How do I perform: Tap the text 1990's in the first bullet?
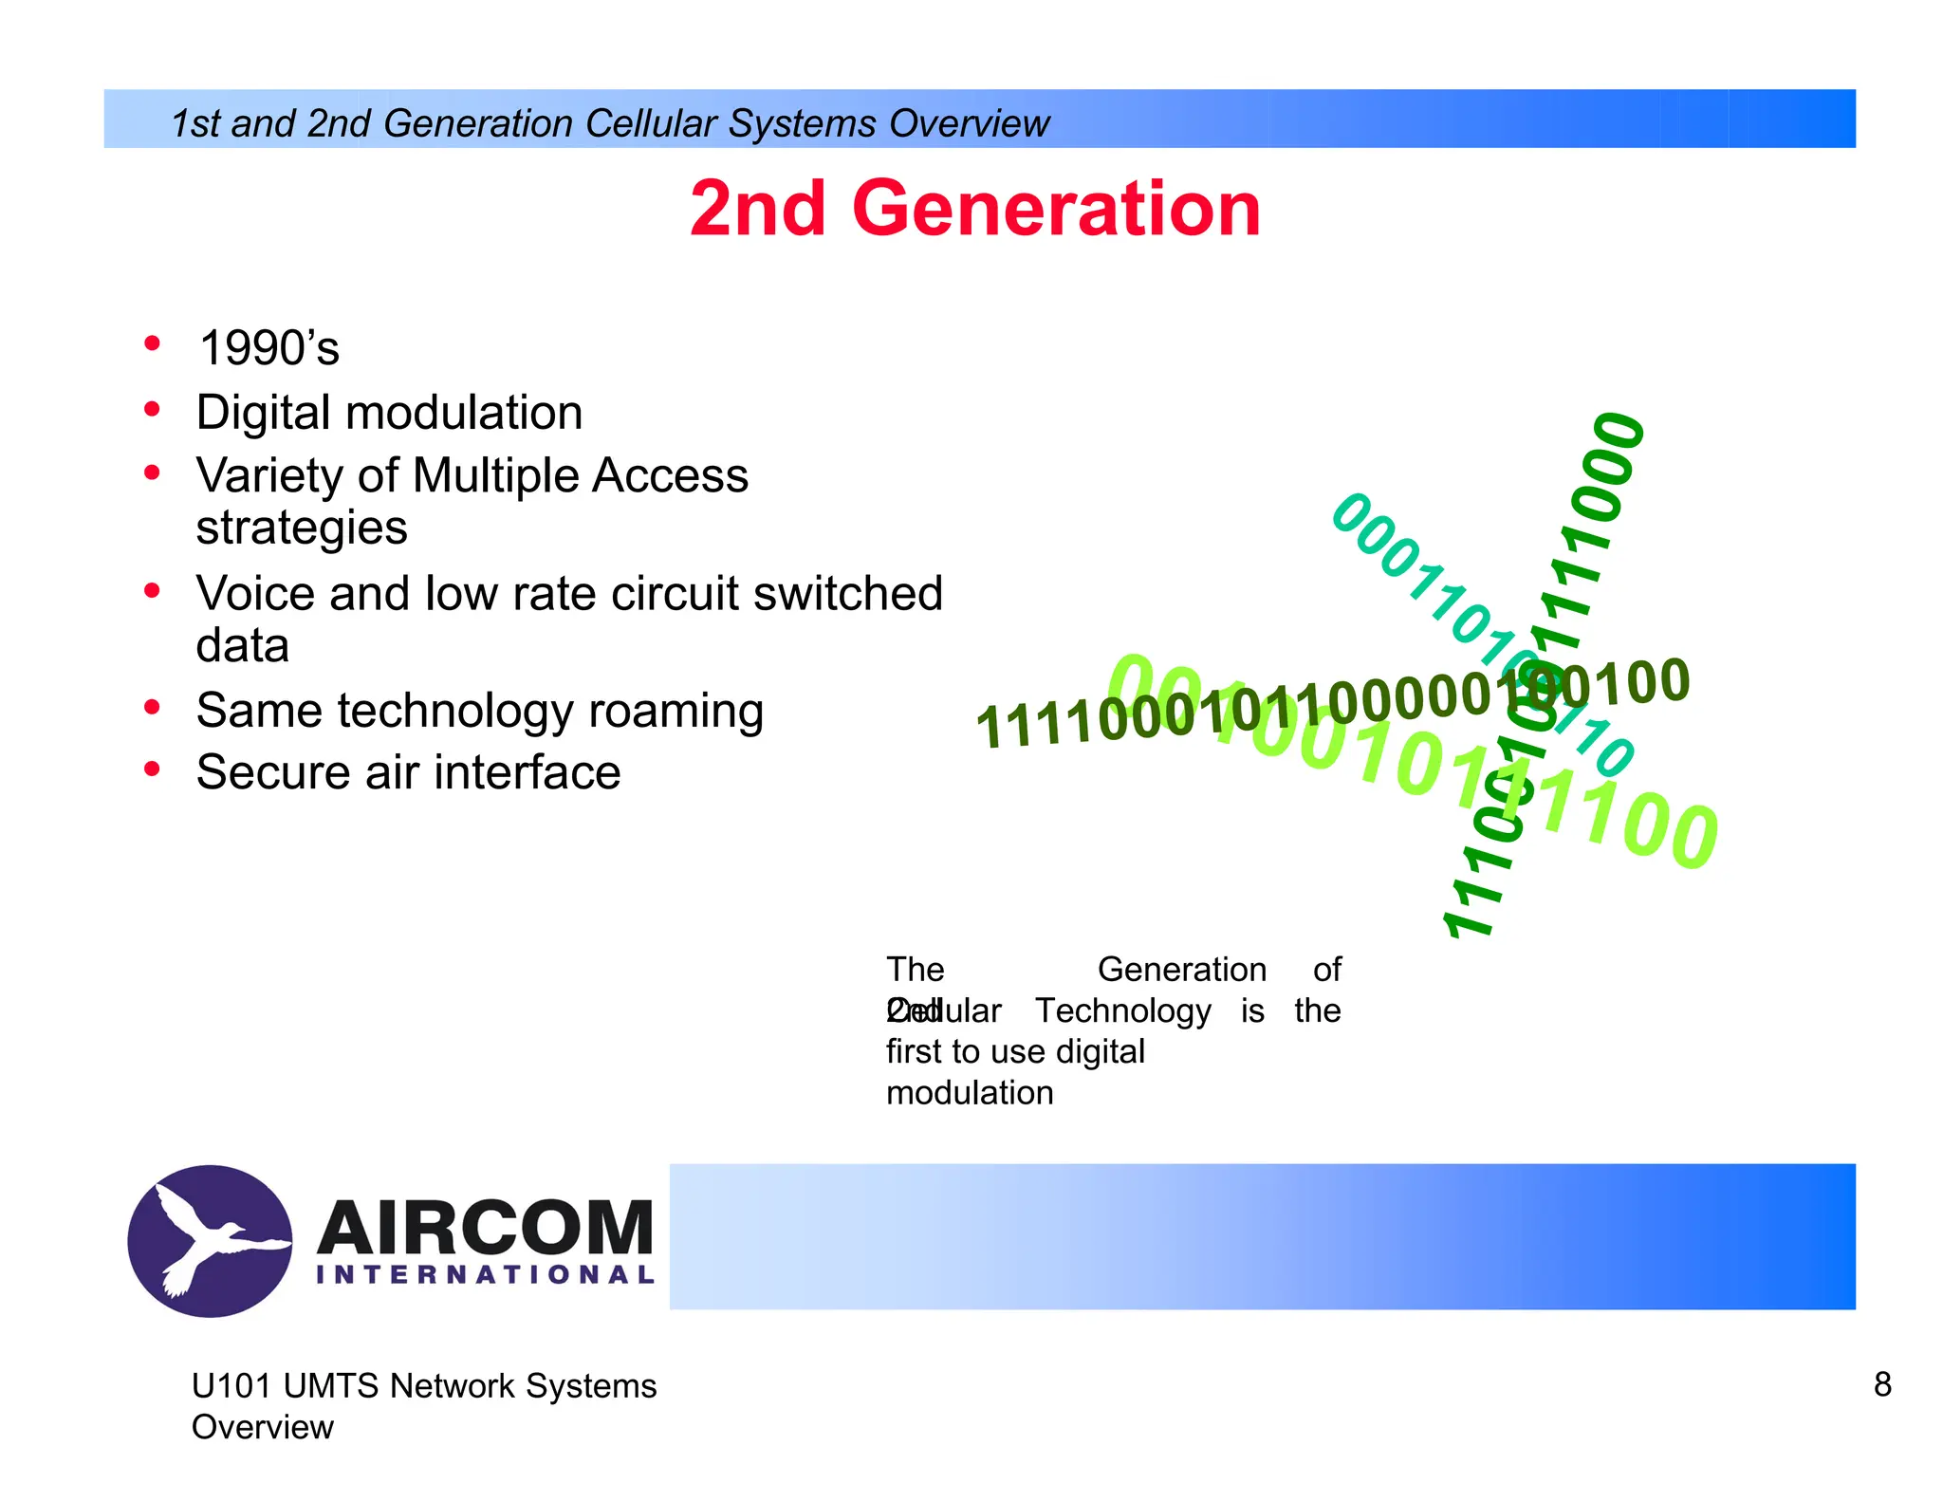(269, 348)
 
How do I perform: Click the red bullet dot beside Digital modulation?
(152, 410)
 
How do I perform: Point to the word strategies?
(302, 528)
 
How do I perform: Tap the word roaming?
(675, 711)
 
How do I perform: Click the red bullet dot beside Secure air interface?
(152, 769)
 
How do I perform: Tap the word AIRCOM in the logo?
(485, 1228)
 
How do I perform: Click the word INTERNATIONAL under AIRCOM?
(485, 1275)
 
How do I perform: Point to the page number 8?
(1882, 1385)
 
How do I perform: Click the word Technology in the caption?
(1122, 1010)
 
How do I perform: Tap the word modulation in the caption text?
(970, 1093)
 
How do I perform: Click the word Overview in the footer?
(263, 1427)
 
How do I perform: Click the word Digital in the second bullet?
(263, 413)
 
